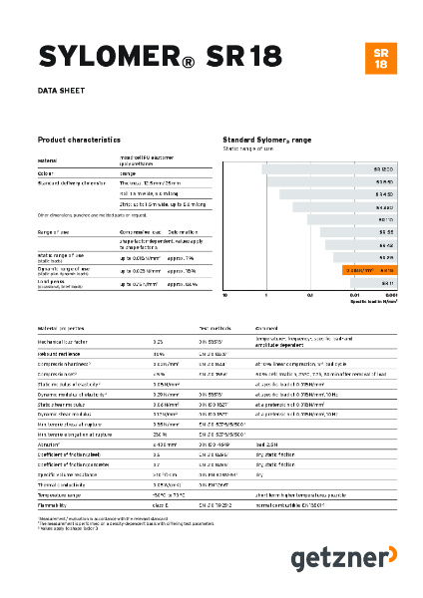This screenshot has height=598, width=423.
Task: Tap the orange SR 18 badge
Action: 380,58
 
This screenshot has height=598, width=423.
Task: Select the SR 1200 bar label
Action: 385,168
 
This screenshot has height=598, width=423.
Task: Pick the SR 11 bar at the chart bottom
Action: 387,284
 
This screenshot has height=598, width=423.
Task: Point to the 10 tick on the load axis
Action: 225,296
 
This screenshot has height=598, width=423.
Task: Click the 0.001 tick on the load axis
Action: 392,296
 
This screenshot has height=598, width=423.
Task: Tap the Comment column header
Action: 267,327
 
